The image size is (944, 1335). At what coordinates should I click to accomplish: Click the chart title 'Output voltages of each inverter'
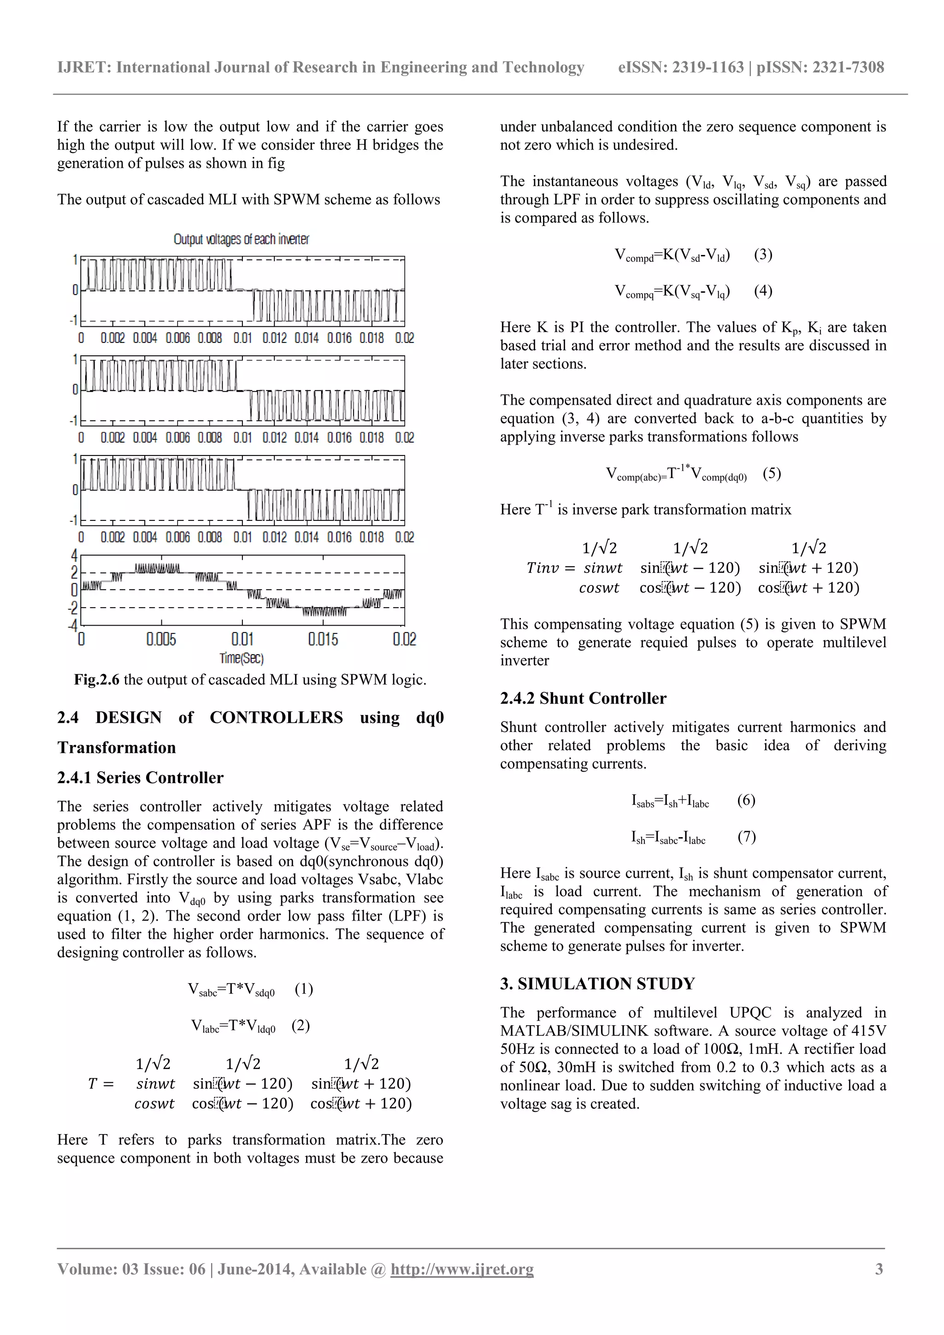coord(241,239)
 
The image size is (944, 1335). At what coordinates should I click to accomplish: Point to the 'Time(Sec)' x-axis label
coord(241,658)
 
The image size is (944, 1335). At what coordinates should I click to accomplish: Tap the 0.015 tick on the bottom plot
coord(323,639)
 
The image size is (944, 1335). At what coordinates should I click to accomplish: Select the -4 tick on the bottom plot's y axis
coord(73,626)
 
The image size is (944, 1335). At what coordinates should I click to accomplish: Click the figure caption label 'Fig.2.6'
coord(96,679)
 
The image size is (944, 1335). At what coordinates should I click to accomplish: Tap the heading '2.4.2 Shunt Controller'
coord(583,698)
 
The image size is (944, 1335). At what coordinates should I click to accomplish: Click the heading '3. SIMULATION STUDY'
coord(597,984)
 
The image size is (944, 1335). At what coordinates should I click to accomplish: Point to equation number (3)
coord(763,254)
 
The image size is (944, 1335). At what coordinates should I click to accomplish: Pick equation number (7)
coord(746,837)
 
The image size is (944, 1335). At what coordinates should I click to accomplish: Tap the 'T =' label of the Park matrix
coord(100,1084)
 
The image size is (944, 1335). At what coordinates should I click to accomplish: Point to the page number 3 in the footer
coord(879,1269)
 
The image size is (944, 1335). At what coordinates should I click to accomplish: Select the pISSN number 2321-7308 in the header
coord(848,67)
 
